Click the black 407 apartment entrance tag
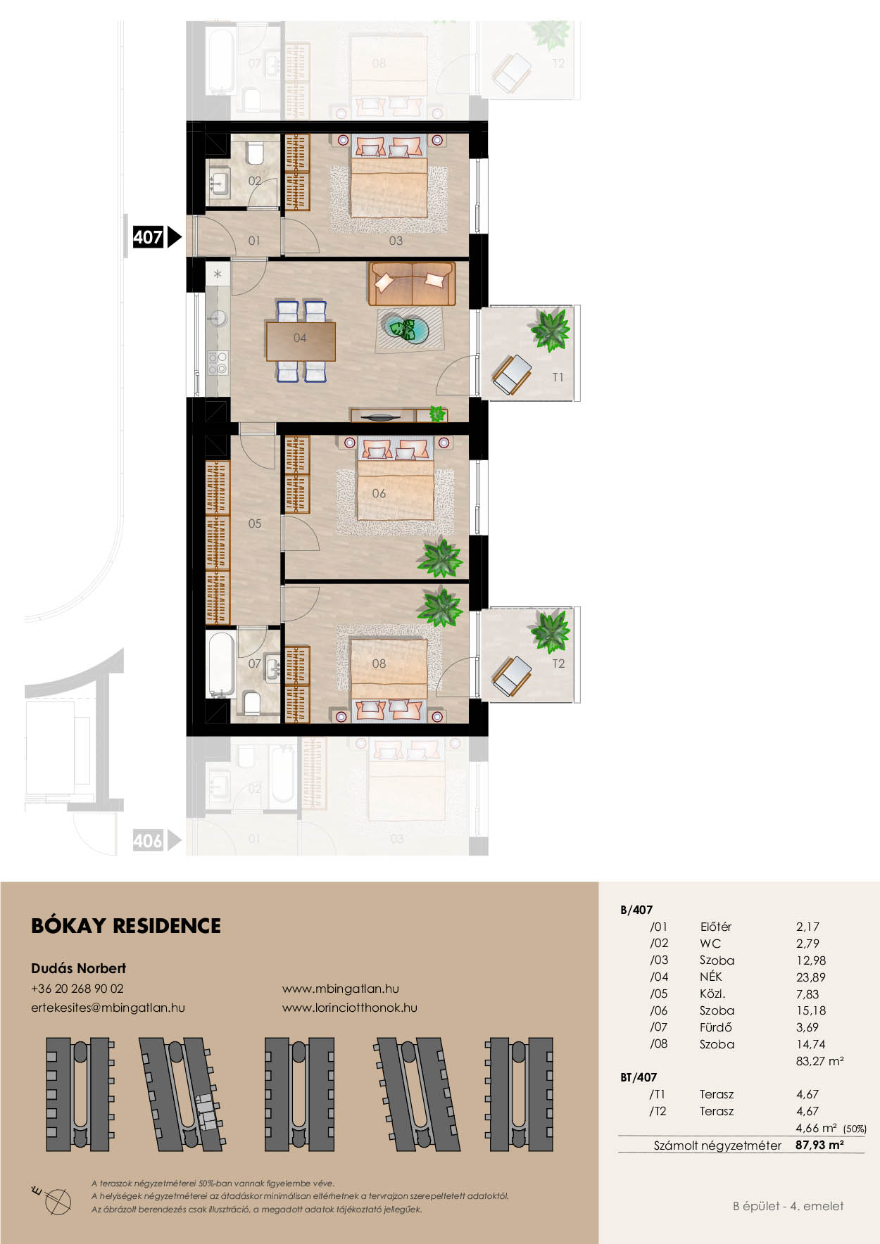pyautogui.click(x=156, y=237)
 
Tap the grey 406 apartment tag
pyautogui.click(x=156, y=840)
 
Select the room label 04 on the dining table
pyautogui.click(x=300, y=338)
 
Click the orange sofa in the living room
pyautogui.click(x=412, y=284)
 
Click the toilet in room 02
pyautogui.click(x=255, y=153)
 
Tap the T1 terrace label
pyautogui.click(x=558, y=377)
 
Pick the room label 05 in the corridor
pyautogui.click(x=255, y=523)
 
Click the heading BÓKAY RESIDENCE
pyautogui.click(x=126, y=926)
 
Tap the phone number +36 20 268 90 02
pyautogui.click(x=77, y=989)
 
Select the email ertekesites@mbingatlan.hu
pyautogui.click(x=108, y=1008)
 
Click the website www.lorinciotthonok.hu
pyautogui.click(x=350, y=1008)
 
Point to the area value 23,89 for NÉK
pyautogui.click(x=811, y=977)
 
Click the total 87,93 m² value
pyautogui.click(x=819, y=1145)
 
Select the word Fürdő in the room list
pyautogui.click(x=716, y=1027)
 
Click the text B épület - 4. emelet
pyautogui.click(x=788, y=1206)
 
